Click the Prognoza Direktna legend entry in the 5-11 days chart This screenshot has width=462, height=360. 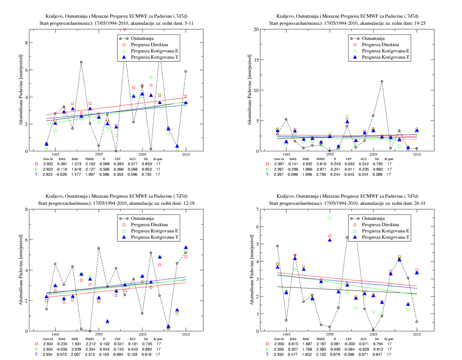click(x=149, y=45)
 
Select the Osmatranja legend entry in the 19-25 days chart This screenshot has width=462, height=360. click(x=373, y=38)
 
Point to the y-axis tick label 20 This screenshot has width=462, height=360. click(x=256, y=29)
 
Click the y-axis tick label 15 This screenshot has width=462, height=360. click(x=256, y=60)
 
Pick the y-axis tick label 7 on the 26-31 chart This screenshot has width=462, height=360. click(x=257, y=209)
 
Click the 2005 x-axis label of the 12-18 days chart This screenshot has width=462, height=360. click(x=142, y=334)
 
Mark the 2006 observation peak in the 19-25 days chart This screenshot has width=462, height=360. click(x=382, y=81)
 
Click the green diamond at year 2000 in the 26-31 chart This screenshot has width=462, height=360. click(x=330, y=218)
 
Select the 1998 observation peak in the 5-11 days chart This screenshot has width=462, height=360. click(x=81, y=62)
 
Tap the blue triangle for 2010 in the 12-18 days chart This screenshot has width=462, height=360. click(x=186, y=247)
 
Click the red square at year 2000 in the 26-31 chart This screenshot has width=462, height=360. click(x=330, y=236)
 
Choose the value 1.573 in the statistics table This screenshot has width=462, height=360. click(x=76, y=164)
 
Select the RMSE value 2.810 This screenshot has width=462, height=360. click(x=321, y=164)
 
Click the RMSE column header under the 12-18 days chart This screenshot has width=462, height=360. click(x=90, y=339)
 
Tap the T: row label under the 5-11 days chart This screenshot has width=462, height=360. click(x=37, y=174)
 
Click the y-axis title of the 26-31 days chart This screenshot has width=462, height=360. click(x=252, y=270)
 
